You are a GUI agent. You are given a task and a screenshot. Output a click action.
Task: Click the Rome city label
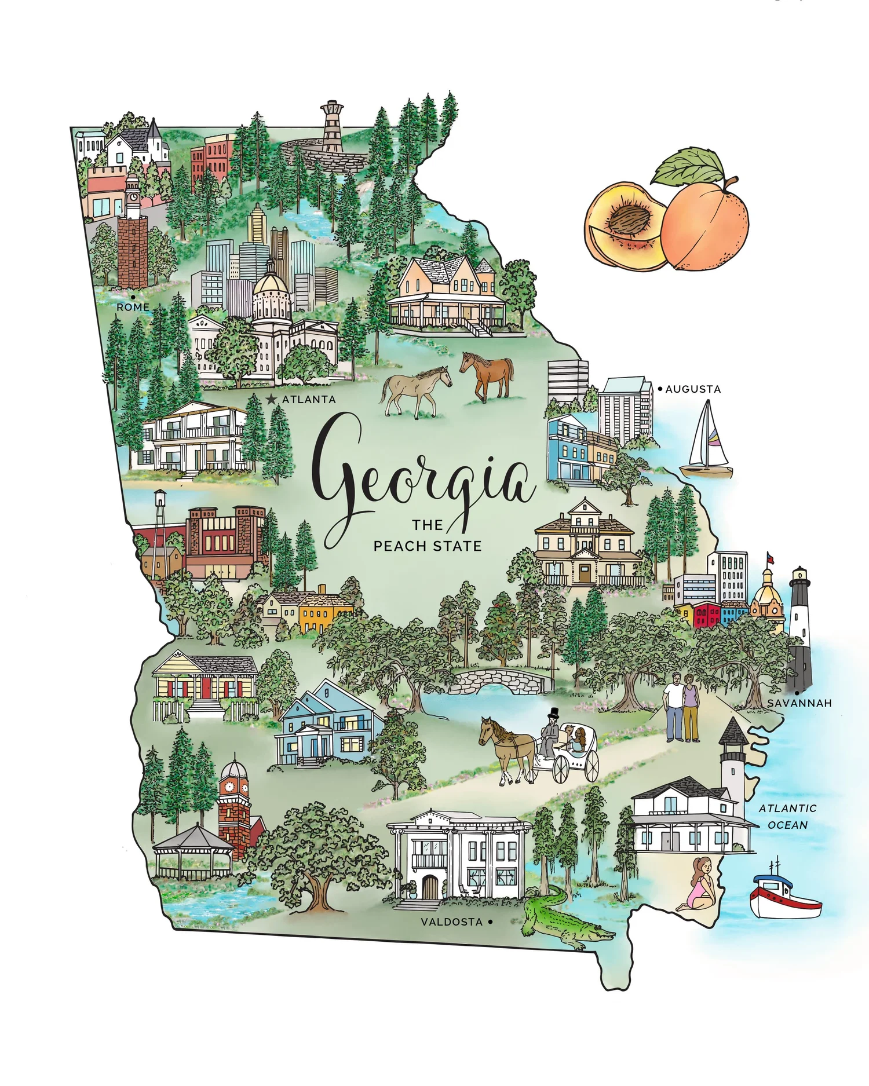(133, 307)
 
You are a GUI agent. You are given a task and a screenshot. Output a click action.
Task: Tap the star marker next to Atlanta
(271, 399)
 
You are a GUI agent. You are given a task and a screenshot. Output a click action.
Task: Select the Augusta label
(693, 389)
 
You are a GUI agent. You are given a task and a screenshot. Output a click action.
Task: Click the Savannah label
(799, 703)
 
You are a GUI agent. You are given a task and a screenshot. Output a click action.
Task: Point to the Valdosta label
(451, 922)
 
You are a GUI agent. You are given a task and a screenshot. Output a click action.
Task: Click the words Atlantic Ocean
(787, 817)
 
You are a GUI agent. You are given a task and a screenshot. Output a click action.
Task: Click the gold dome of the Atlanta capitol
(270, 284)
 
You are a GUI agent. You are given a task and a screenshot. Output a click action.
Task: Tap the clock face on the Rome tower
(133, 196)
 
